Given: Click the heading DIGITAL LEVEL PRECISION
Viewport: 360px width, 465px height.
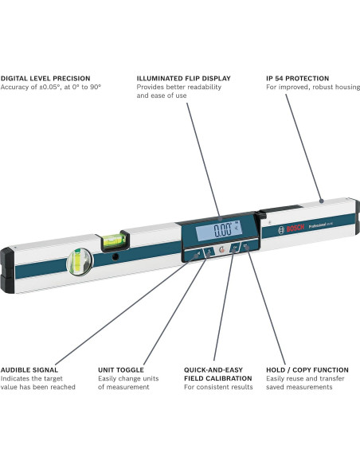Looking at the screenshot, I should (x=45, y=78).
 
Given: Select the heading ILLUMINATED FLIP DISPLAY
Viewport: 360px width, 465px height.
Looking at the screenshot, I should (x=184, y=78).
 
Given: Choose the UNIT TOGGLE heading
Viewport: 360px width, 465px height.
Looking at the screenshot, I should (x=121, y=369).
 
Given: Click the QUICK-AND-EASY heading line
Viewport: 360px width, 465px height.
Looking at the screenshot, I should (x=213, y=369).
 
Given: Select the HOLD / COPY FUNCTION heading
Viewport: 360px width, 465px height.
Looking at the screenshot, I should (x=307, y=369).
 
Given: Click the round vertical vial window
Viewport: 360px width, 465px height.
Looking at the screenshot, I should (x=80, y=260).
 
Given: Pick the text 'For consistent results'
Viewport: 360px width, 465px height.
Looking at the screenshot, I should (x=218, y=387).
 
